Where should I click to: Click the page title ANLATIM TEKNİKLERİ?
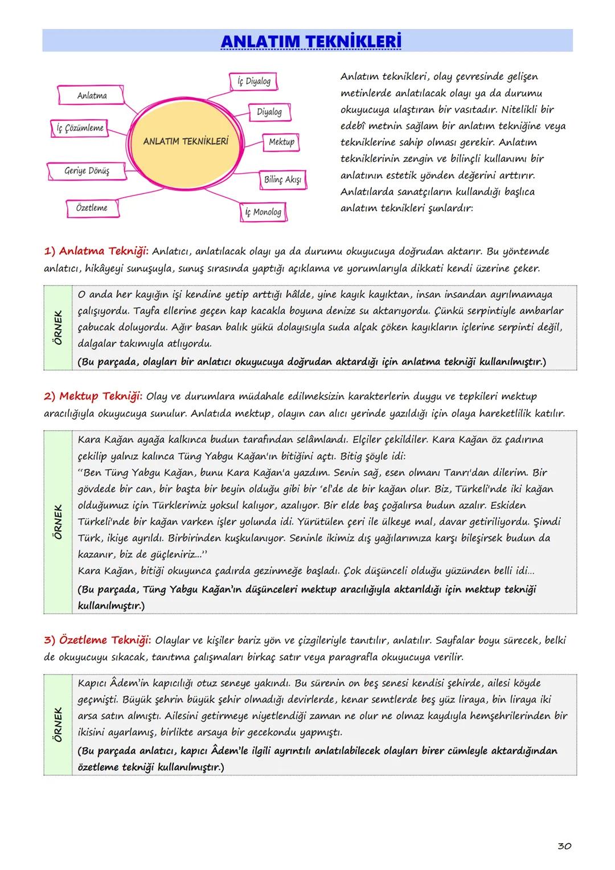point(310,42)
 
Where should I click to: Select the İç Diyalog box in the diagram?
point(254,81)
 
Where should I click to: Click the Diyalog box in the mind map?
point(269,112)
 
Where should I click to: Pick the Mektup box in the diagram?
point(281,142)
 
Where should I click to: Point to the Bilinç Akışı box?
point(282,179)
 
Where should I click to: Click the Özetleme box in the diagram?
point(92,208)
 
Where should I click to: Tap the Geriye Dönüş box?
point(87,170)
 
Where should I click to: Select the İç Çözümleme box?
point(80,128)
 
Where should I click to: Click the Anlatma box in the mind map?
point(92,96)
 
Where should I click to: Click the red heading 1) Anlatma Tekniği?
point(96,251)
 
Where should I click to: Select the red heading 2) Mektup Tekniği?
point(93,396)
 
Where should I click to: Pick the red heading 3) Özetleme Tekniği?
point(97,640)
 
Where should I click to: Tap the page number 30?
point(564,846)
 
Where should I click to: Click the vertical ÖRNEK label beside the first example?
point(58,328)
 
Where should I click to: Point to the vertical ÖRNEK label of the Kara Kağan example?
point(58,522)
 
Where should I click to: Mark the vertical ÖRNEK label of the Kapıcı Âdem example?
point(58,724)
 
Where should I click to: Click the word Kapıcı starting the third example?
point(92,683)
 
